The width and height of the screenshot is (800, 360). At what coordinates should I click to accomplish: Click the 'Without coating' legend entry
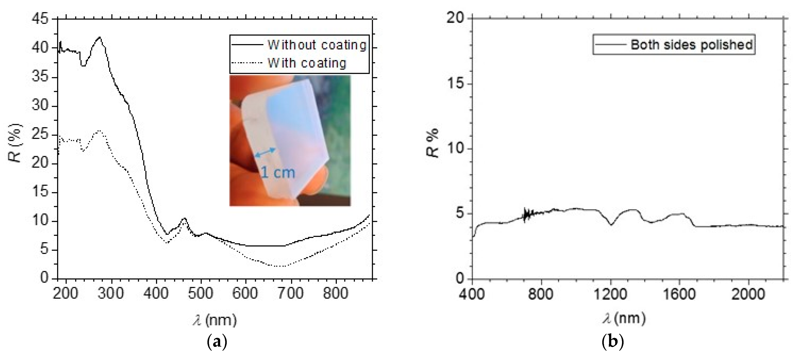point(317,45)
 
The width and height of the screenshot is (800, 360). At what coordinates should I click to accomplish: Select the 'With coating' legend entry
point(307,63)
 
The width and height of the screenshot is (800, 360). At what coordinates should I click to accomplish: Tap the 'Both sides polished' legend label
point(691,45)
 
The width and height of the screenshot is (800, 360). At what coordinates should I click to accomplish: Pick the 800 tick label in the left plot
point(336,293)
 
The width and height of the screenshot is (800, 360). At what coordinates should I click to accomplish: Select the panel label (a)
point(217,342)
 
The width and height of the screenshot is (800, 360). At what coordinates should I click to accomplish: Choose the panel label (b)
point(612,342)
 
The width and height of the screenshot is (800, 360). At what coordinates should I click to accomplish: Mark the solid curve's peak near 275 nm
point(99,37)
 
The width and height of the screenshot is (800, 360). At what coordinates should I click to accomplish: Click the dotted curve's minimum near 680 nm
point(279,266)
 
